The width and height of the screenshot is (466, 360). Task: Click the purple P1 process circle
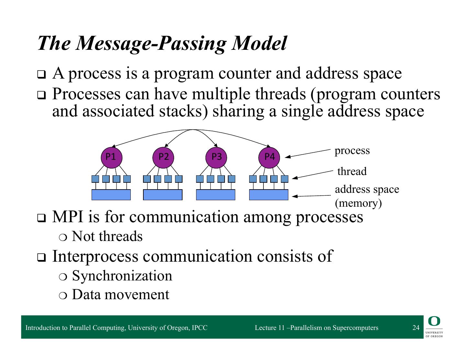(111, 157)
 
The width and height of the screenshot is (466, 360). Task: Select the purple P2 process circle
(163, 157)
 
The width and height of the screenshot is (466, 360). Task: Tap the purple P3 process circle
(216, 157)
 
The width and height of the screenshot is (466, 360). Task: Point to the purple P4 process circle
(269, 157)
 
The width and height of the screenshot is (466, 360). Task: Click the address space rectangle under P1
(111, 195)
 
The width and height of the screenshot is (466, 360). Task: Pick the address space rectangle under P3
(216, 195)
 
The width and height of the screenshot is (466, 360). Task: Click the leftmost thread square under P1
(95, 179)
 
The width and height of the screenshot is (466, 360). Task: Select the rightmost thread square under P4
(284, 179)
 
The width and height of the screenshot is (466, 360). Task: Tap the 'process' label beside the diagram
(352, 151)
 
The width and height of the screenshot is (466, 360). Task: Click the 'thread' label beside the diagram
(352, 171)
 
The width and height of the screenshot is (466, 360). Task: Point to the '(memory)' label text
(358, 203)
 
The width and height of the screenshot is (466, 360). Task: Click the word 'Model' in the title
(259, 43)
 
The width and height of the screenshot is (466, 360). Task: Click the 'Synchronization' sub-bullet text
(122, 276)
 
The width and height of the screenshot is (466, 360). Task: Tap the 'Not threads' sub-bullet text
(107, 236)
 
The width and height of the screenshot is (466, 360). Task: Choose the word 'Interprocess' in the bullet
(95, 256)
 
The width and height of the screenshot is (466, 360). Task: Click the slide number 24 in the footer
(416, 328)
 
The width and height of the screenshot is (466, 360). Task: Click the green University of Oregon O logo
(434, 322)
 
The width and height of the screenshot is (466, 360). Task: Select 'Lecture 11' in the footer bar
(270, 328)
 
